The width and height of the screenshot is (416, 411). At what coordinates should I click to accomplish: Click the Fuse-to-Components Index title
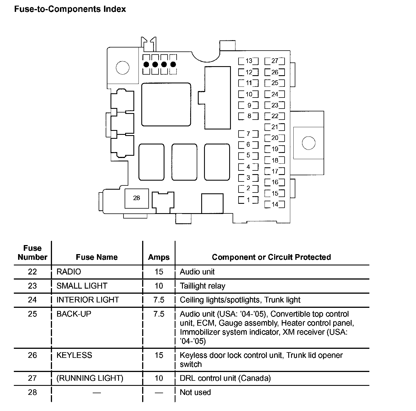click(70, 9)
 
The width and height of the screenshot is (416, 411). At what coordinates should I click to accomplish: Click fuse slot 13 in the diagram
click(248, 61)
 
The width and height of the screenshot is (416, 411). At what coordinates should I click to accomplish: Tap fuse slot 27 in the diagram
click(275, 61)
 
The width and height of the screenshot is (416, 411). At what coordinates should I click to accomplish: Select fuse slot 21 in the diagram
click(275, 127)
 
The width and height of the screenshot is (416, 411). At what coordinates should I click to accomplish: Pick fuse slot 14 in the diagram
click(275, 204)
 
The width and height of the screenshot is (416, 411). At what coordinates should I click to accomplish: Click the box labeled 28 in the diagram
click(136, 198)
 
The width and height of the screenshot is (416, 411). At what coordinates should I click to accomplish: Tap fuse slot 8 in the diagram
click(248, 116)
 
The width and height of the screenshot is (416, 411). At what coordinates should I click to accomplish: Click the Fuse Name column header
click(97, 257)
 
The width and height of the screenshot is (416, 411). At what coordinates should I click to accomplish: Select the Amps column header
click(159, 257)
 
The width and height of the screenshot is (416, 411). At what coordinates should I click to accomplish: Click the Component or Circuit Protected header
click(271, 257)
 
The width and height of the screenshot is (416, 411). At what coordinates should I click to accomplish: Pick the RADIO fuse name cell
click(69, 272)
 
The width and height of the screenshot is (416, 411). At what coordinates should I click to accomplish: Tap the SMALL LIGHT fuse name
click(82, 286)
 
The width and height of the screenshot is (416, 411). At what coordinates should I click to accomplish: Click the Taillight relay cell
click(203, 286)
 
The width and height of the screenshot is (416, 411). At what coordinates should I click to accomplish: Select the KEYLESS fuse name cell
click(74, 355)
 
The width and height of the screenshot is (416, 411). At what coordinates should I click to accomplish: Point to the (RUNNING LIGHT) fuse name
click(90, 378)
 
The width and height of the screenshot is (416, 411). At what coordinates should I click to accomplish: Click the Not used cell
click(195, 392)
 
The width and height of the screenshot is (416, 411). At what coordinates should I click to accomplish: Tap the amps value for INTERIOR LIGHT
click(159, 300)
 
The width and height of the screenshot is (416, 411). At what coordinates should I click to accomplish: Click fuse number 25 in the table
click(32, 314)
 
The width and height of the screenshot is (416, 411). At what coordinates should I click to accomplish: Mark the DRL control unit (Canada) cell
click(225, 378)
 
